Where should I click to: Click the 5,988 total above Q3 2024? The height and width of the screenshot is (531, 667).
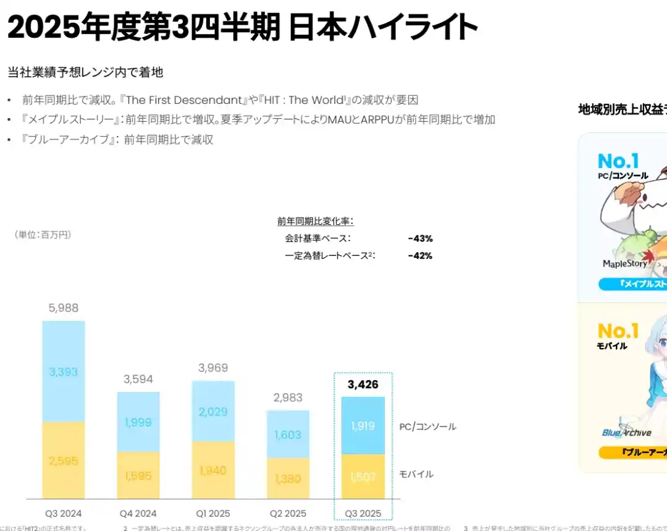click(x=64, y=308)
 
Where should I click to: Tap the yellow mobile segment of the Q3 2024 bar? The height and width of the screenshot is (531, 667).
click(x=64, y=460)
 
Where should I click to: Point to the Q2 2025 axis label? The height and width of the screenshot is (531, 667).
click(x=288, y=514)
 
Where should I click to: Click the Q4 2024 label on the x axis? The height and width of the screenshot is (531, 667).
click(x=138, y=514)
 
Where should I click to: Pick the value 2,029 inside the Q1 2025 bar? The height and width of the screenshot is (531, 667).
click(x=213, y=412)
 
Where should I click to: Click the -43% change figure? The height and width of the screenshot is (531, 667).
click(x=420, y=239)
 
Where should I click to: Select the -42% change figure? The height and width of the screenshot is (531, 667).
click(x=420, y=256)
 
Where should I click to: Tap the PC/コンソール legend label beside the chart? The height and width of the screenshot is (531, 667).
click(x=427, y=427)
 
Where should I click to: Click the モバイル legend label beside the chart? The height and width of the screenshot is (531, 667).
click(x=416, y=474)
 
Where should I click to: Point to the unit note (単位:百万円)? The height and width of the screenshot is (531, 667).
click(x=43, y=235)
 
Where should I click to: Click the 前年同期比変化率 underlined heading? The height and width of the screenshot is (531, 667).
click(x=315, y=221)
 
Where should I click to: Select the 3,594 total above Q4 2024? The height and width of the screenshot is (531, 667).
click(x=138, y=379)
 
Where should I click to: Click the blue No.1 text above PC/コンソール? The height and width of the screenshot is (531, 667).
click(x=618, y=161)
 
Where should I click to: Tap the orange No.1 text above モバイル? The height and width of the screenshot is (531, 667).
click(x=618, y=331)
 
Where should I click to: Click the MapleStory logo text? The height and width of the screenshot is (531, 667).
click(x=625, y=264)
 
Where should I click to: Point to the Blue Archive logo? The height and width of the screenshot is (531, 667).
click(x=626, y=432)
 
